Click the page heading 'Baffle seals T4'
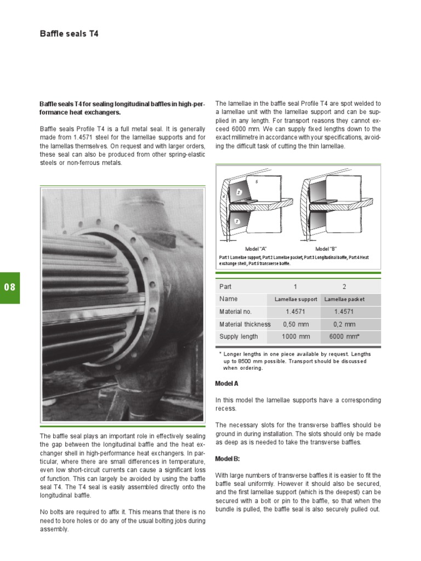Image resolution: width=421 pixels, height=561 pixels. pos(69,34)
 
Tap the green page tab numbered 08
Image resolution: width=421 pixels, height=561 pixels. pos(10,288)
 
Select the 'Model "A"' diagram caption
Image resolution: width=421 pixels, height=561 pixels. pos(255,249)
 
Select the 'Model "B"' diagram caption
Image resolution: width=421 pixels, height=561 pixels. pos(327,249)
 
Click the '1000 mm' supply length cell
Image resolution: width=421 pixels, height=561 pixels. pos(295,336)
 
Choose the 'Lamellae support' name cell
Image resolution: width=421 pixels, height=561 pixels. pos(295,299)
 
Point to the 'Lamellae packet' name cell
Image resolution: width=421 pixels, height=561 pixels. pos(344,299)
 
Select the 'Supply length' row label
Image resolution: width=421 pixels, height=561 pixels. pos(238,336)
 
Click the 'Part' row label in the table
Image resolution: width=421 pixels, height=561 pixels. pos(225,287)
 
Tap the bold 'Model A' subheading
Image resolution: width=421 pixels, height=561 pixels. pos(226,383)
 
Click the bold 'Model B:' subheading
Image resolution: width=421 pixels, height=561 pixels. pos(227,459)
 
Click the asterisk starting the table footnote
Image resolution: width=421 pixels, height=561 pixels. pos(220,354)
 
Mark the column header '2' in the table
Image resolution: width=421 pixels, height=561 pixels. pos(344,287)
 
